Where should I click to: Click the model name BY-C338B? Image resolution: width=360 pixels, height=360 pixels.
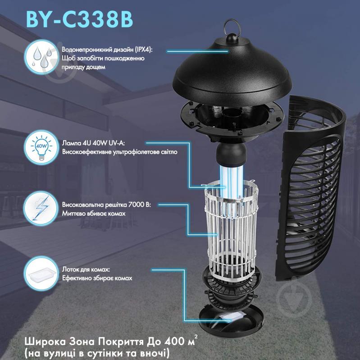point(80,19)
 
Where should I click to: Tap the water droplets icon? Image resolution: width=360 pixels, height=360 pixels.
point(41,57)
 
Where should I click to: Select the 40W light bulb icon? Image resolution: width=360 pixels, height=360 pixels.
point(41,147)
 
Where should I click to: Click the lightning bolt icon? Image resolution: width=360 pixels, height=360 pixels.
point(41,209)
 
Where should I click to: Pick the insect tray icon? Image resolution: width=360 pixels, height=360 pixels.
point(41,273)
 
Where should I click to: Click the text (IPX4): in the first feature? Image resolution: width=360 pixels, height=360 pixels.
point(143,50)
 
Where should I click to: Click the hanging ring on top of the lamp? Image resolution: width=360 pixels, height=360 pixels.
point(232,27)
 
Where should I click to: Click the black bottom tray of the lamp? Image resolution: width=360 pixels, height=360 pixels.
point(232,319)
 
